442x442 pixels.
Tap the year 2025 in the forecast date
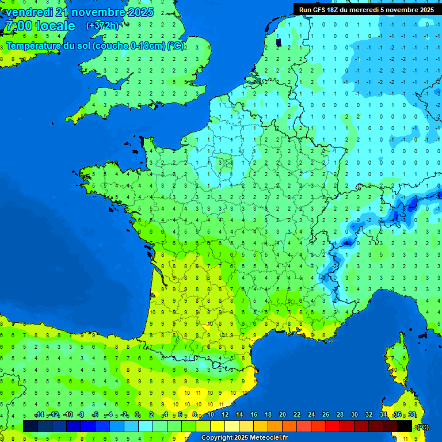(138, 12)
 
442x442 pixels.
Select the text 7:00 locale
(40, 26)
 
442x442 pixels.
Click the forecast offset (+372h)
(102, 26)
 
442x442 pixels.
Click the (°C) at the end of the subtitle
(176, 46)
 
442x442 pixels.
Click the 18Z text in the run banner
(333, 9)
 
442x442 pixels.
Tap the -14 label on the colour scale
(39, 415)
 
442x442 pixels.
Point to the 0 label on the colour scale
(137, 415)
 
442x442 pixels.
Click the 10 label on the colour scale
(211, 415)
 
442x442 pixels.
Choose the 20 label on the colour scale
(283, 415)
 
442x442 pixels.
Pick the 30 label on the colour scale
(355, 415)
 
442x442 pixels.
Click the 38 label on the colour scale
(412, 415)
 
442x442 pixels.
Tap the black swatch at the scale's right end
(405, 426)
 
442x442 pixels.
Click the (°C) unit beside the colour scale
(422, 426)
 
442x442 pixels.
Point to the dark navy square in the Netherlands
(279, 42)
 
